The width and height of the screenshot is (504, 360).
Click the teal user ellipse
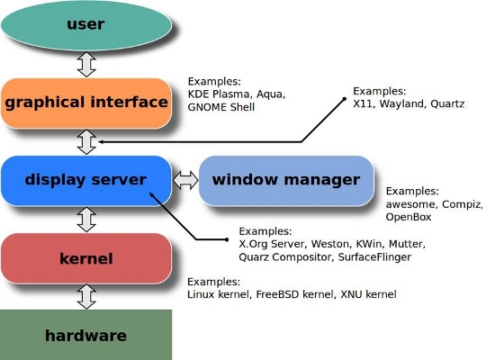86,25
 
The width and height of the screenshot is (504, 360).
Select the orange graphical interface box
86,103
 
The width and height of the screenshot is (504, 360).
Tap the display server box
86,180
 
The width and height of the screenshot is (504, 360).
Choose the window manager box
286,180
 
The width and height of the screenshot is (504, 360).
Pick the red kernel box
86,258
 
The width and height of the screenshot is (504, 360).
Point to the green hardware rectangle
85,335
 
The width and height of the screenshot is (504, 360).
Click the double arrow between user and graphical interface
86,65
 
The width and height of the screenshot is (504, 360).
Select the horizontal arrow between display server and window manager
185,180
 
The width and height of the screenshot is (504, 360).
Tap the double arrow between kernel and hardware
86,297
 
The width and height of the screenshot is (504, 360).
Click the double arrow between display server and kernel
86,220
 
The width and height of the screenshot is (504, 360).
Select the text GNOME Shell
221,107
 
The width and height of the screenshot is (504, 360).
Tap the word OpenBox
409,217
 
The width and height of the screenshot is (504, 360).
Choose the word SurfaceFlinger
374,257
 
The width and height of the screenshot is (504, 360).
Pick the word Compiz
461,204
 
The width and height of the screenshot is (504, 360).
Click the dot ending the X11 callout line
344,99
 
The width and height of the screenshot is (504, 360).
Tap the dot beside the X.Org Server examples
227,239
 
